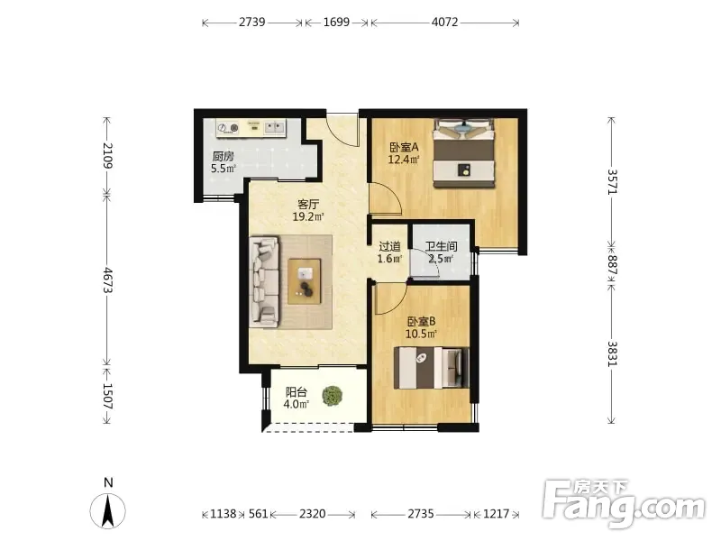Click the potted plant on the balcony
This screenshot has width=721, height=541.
click(x=332, y=396)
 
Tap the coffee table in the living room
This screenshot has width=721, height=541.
click(x=305, y=281)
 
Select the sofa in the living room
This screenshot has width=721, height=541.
click(x=264, y=282)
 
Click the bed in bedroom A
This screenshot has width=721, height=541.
click(x=464, y=153)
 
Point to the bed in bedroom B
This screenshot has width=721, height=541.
click(x=432, y=368)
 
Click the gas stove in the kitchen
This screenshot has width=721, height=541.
click(x=228, y=128)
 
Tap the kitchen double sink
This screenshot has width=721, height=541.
click(x=275, y=127)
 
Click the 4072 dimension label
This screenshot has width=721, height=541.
click(x=444, y=22)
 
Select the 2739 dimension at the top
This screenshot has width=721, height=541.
click(x=251, y=22)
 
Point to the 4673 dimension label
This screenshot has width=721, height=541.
click(x=107, y=280)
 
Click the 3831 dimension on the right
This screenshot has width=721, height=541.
click(x=612, y=353)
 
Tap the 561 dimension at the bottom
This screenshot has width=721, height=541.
click(x=258, y=514)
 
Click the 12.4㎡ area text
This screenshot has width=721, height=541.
click(x=404, y=160)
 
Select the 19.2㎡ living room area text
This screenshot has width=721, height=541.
click(x=308, y=216)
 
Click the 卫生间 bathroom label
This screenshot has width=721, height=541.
click(x=441, y=246)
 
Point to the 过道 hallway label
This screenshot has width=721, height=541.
click(x=389, y=246)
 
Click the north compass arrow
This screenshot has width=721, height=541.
click(x=107, y=510)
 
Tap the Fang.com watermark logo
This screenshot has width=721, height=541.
click(x=624, y=503)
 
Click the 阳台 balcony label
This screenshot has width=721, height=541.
click(x=297, y=392)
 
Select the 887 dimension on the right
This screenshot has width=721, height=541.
click(x=612, y=265)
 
